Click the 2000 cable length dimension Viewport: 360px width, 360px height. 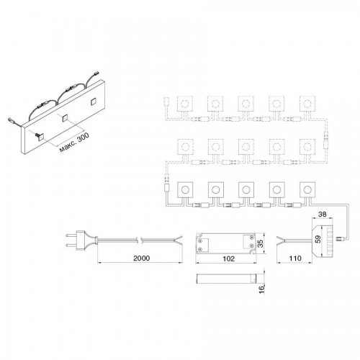pyautogui.click(x=142, y=258)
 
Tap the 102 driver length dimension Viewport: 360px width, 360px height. pyautogui.click(x=228, y=258)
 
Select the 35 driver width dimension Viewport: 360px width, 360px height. pyautogui.click(x=261, y=243)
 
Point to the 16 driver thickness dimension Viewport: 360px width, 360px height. pyautogui.click(x=262, y=289)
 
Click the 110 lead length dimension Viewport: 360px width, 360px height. pyautogui.click(x=295, y=258)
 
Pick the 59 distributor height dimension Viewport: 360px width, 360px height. pyautogui.click(x=318, y=239)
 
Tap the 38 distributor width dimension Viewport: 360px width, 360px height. pyautogui.click(x=322, y=214)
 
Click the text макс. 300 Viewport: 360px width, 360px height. pyautogui.click(x=74, y=142)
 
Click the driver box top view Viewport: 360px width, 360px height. pyautogui.click(x=226, y=243)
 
